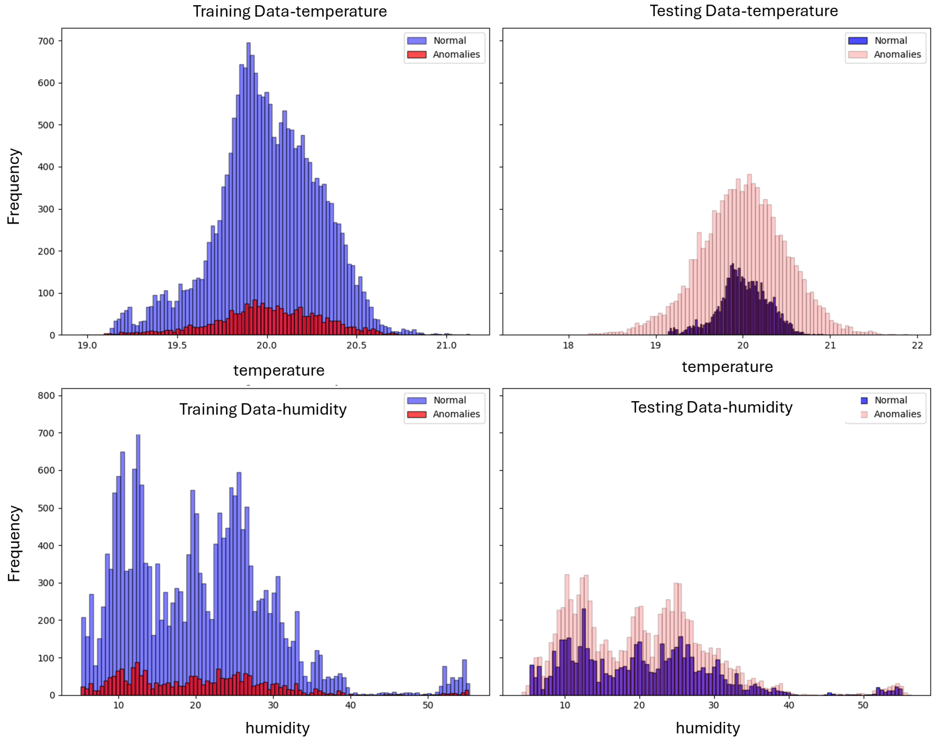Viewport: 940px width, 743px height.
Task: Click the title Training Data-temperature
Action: [290, 11]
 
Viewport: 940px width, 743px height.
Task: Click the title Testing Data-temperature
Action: [743, 11]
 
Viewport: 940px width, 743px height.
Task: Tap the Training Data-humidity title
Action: [263, 409]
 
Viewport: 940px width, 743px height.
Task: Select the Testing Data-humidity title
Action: [712, 407]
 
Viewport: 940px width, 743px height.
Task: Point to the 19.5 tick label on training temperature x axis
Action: [177, 345]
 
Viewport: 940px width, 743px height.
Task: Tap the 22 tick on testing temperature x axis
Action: [917, 345]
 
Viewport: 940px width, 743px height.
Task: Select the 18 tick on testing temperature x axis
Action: [568, 345]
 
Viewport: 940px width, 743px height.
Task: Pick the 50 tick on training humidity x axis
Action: [428, 705]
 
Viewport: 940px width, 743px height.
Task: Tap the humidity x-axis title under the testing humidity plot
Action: [707, 728]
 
